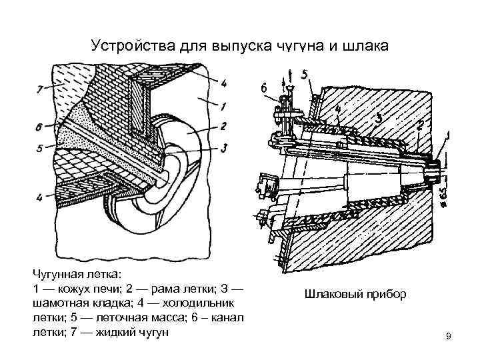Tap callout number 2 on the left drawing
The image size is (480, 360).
(x=225, y=126)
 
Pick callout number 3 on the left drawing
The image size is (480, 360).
(x=225, y=148)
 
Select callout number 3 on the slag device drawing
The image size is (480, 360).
(x=379, y=119)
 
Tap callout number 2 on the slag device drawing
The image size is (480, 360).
(x=421, y=125)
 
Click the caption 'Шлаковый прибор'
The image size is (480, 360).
(x=355, y=294)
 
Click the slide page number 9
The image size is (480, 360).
(x=449, y=337)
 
